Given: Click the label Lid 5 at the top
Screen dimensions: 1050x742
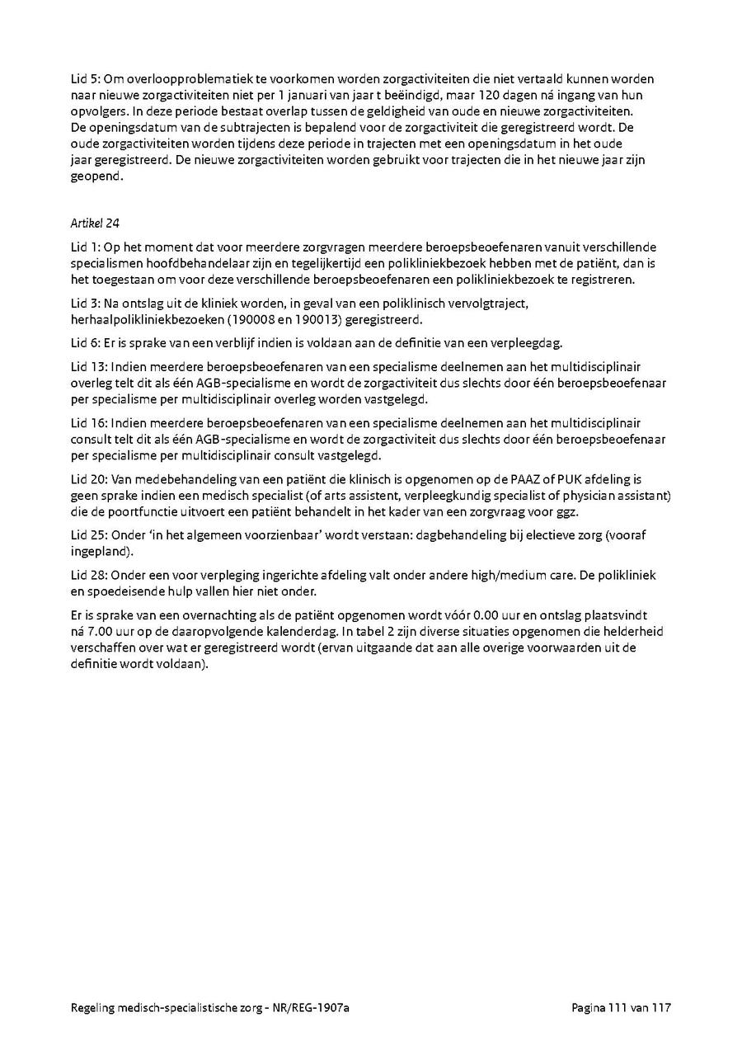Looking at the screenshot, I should [84, 78].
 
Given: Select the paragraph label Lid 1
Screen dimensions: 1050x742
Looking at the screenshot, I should [84, 247].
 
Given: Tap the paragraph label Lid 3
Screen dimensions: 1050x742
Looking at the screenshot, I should [84, 304].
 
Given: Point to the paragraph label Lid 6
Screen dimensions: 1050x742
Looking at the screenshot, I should [84, 343].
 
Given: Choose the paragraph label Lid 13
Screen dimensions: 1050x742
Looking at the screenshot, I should [87, 366].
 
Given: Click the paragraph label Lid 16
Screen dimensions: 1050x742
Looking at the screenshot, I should [87, 422].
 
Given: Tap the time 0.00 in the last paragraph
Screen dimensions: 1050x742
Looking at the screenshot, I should [479, 615].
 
